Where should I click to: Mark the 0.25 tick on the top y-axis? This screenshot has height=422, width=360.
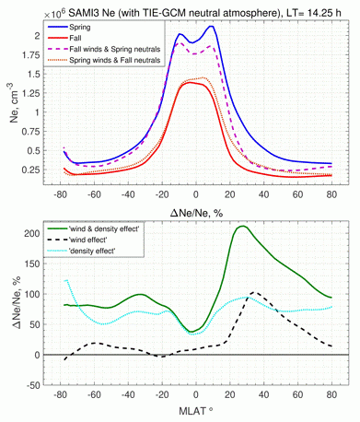tap(37, 170)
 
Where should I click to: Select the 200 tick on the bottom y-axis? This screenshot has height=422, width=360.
tap(37, 234)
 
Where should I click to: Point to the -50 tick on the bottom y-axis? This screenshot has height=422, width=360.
tap(37, 385)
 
